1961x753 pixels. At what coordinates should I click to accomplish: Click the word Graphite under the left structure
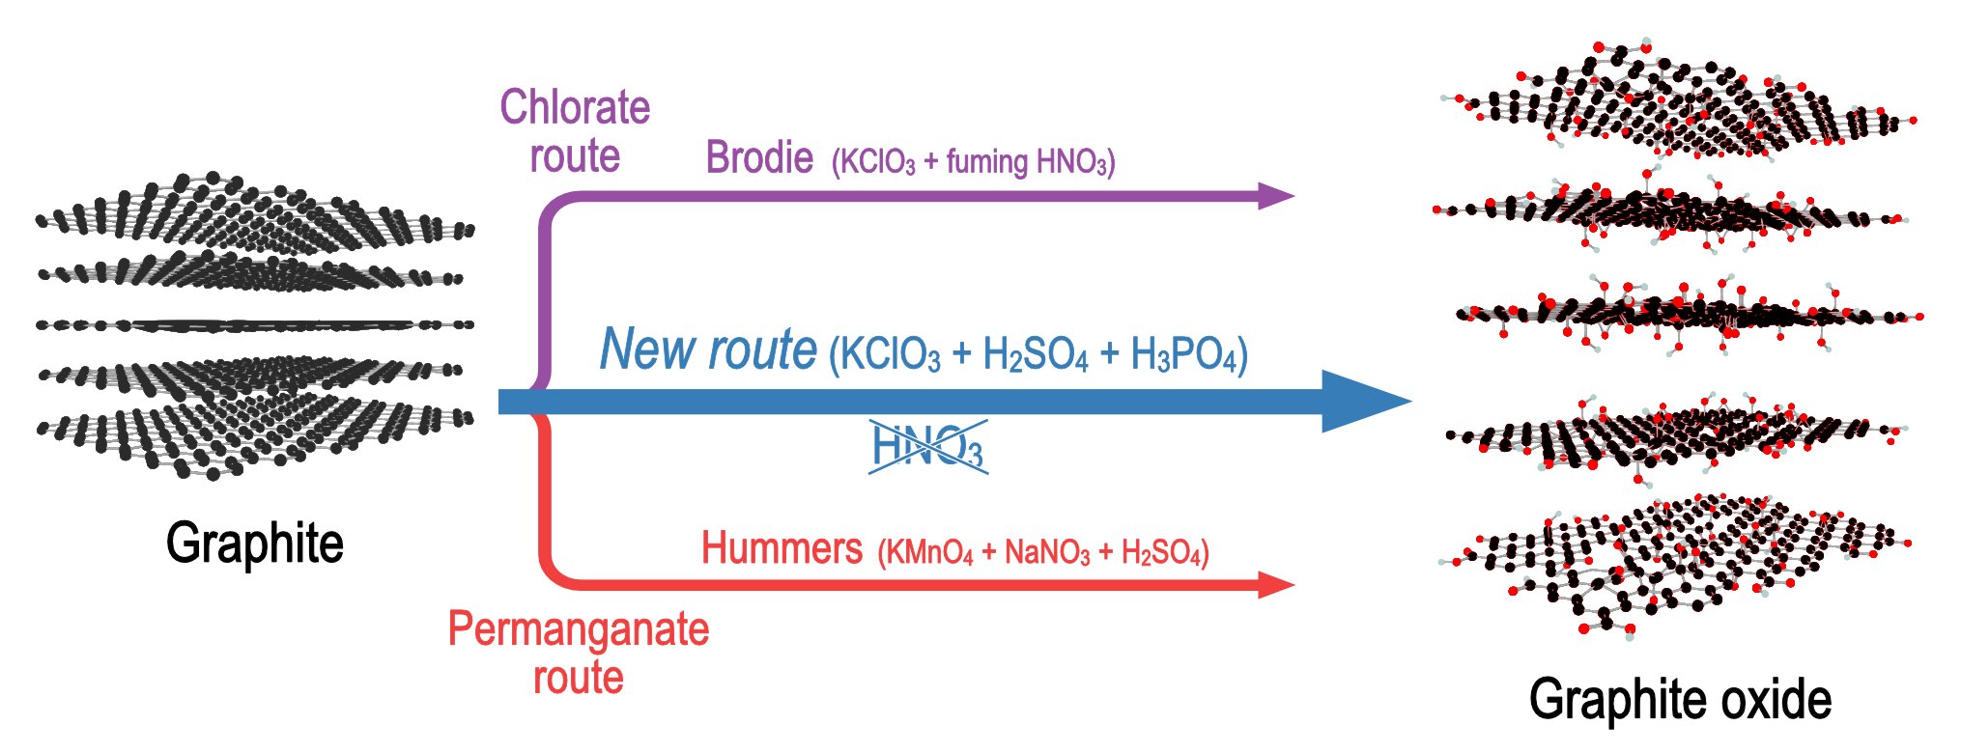(x=255, y=543)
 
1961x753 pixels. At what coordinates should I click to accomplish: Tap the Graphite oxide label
(x=1680, y=699)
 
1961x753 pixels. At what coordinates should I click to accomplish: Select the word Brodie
(x=759, y=157)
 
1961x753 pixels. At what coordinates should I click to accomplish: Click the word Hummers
(x=782, y=547)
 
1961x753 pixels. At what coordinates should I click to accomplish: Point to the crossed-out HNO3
(x=927, y=446)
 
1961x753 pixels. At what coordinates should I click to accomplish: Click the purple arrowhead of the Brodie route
(x=1276, y=196)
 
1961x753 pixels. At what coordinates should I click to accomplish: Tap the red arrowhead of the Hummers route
(x=1276, y=584)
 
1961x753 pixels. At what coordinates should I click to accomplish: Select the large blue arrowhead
(x=1365, y=401)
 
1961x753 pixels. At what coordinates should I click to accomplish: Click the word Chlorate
(x=575, y=107)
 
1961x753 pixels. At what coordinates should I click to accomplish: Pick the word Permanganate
(x=579, y=629)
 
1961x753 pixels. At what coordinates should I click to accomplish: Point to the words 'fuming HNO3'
(x=1026, y=161)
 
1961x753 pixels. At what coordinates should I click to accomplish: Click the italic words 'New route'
(x=708, y=349)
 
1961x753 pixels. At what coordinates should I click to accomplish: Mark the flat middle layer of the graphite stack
(x=255, y=324)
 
